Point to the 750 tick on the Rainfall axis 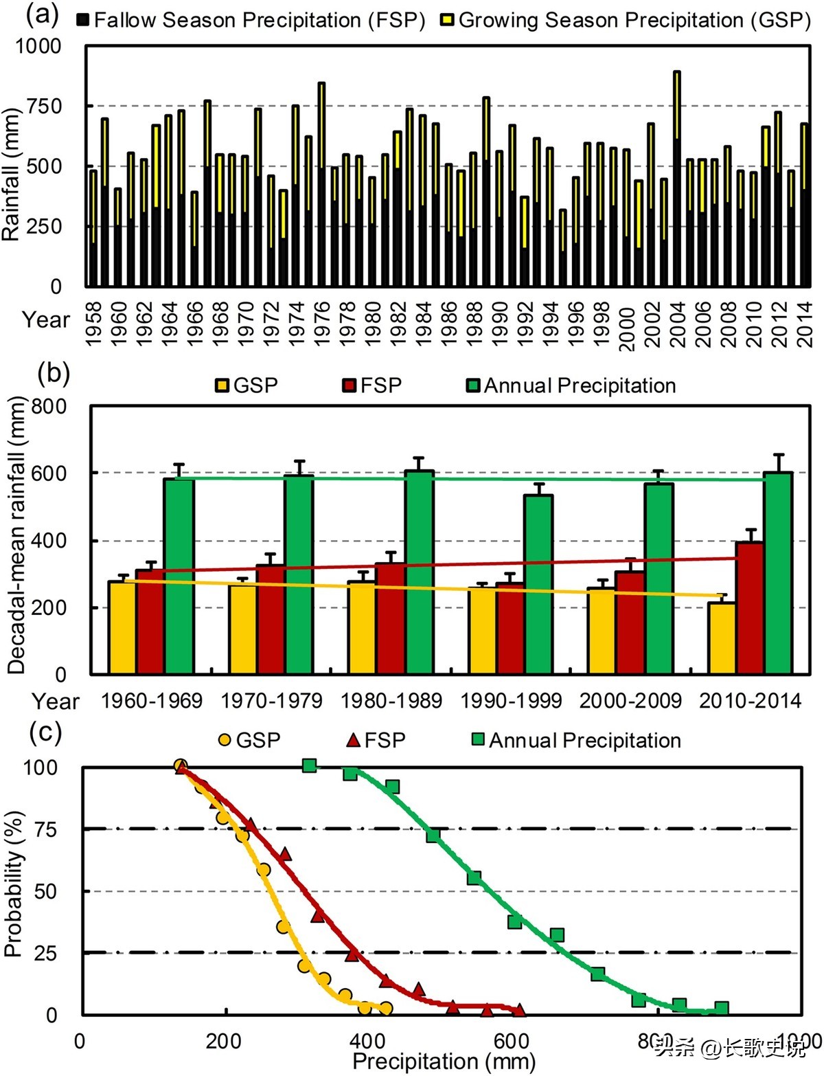[44, 106]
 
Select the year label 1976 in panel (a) [321, 323]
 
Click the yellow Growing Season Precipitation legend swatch [447, 19]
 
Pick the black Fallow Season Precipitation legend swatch [83, 19]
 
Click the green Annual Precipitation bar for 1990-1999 [538, 584]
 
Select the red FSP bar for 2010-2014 [750, 607]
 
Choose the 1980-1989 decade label [391, 701]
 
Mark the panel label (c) [46, 732]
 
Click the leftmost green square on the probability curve [309, 765]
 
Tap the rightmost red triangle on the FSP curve [519, 1010]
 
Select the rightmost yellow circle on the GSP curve [386, 1008]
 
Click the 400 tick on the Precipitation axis [367, 1040]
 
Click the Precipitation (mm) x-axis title [444, 1062]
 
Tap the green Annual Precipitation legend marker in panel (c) [478, 739]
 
